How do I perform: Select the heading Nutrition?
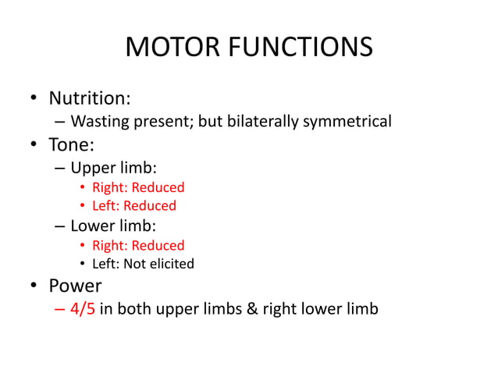pyautogui.click(x=90, y=99)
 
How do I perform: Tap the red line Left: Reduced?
pyautogui.click(x=134, y=206)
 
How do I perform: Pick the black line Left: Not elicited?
pyautogui.click(x=143, y=264)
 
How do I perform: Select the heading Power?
pyautogui.click(x=75, y=286)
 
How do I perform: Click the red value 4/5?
pyautogui.click(x=83, y=309)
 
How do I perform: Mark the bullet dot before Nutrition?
pyautogui.click(x=34, y=100)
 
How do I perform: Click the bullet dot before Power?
pyautogui.click(x=34, y=286)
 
